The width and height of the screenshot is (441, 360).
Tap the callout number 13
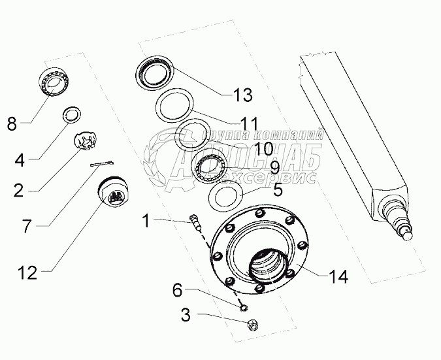click(x=242, y=95)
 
